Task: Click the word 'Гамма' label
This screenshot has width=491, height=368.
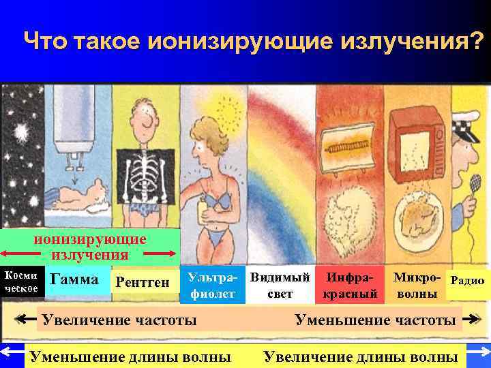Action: [75, 279]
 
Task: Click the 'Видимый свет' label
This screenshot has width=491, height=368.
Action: [280, 286]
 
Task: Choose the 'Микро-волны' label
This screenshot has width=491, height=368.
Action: [417, 286]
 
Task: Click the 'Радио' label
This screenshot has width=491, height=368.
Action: [468, 280]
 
